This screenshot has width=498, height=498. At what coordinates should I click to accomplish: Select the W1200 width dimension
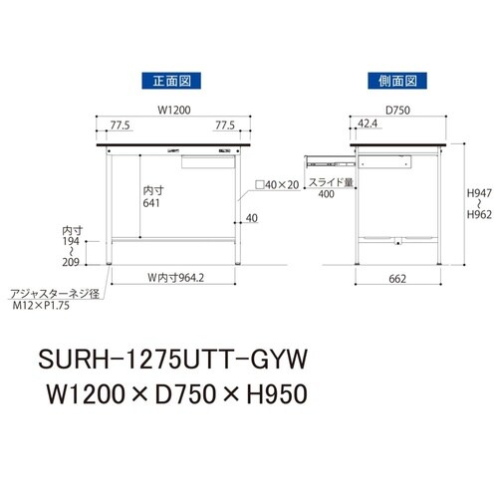[171, 112]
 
